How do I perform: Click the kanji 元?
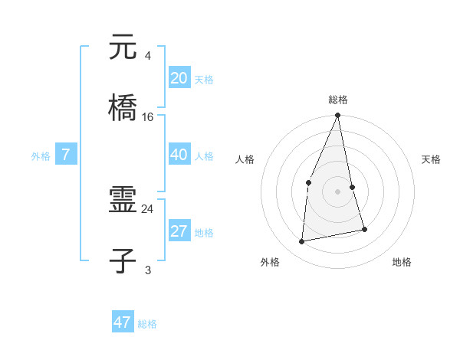[123, 48]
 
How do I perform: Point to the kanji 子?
[123, 260]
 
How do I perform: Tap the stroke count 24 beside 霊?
[148, 208]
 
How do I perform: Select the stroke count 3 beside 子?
[148, 269]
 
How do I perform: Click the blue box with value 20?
[179, 78]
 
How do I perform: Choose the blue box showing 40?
[179, 155]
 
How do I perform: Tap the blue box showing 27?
[179, 231]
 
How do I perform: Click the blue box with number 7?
[66, 155]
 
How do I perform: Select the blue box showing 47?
[123, 322]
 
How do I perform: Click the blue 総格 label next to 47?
[147, 324]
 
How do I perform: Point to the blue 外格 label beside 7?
[41, 156]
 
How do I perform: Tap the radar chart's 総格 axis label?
[338, 100]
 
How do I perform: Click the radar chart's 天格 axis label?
[432, 159]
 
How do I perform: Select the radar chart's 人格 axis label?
[245, 159]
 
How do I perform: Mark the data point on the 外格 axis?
[302, 241]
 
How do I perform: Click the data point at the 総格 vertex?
[338, 116]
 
